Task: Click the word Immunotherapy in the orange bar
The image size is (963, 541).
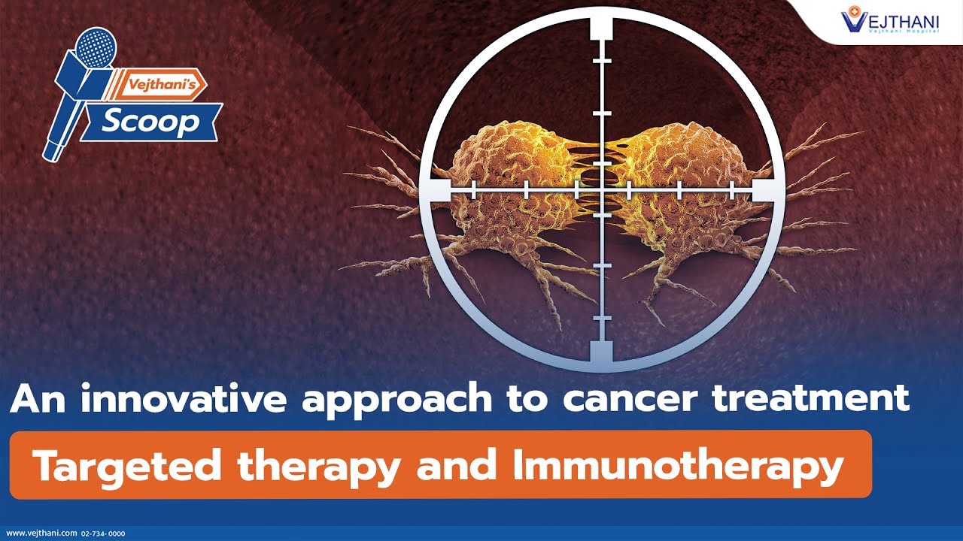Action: point(677,466)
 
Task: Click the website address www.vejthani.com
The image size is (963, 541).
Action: point(41,533)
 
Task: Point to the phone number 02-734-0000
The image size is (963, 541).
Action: point(104,533)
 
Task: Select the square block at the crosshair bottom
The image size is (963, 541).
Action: point(602,352)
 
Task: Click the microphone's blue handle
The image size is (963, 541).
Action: point(57,135)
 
